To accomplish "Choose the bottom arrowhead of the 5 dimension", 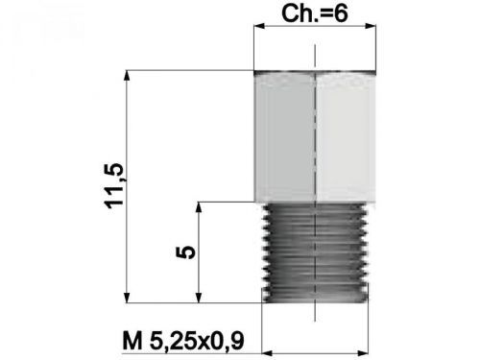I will click(199, 296).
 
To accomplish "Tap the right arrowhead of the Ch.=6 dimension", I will click(371, 29).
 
